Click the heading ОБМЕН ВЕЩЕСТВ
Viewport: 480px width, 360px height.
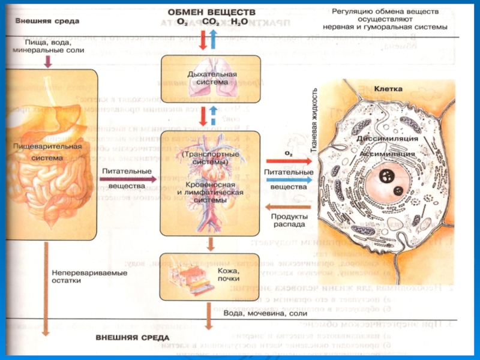point(211,12)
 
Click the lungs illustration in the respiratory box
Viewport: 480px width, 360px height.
point(209,63)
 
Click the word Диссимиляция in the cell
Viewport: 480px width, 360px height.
point(386,139)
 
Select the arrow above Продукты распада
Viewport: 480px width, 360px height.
point(287,206)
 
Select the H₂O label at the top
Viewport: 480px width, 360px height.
point(238,22)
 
